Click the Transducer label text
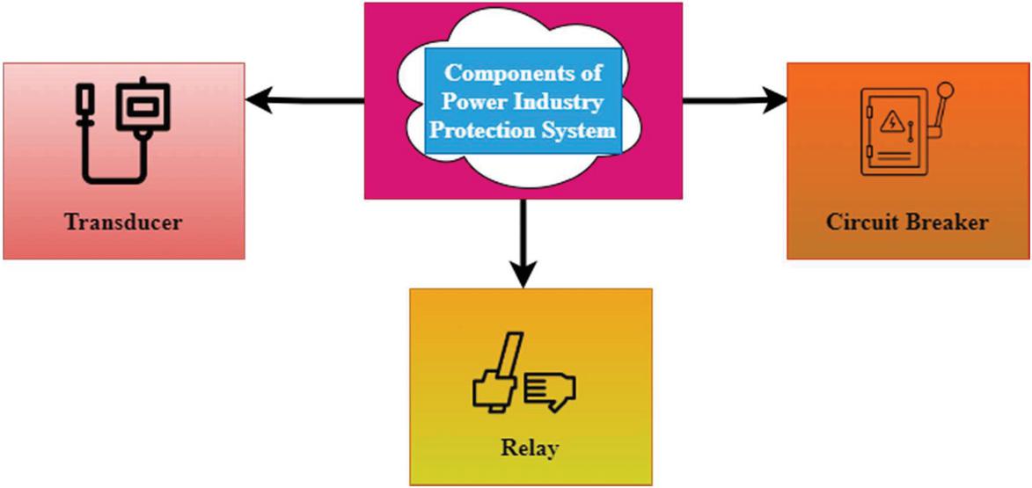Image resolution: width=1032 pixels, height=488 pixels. pyautogui.click(x=123, y=221)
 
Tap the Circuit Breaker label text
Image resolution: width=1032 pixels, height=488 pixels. pyautogui.click(x=907, y=222)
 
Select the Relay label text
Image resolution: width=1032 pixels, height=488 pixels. pyautogui.click(x=530, y=448)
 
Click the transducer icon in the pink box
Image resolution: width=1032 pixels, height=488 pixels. pyautogui.click(x=124, y=132)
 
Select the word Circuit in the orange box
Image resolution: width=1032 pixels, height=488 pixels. pyautogui.click(x=860, y=222)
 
